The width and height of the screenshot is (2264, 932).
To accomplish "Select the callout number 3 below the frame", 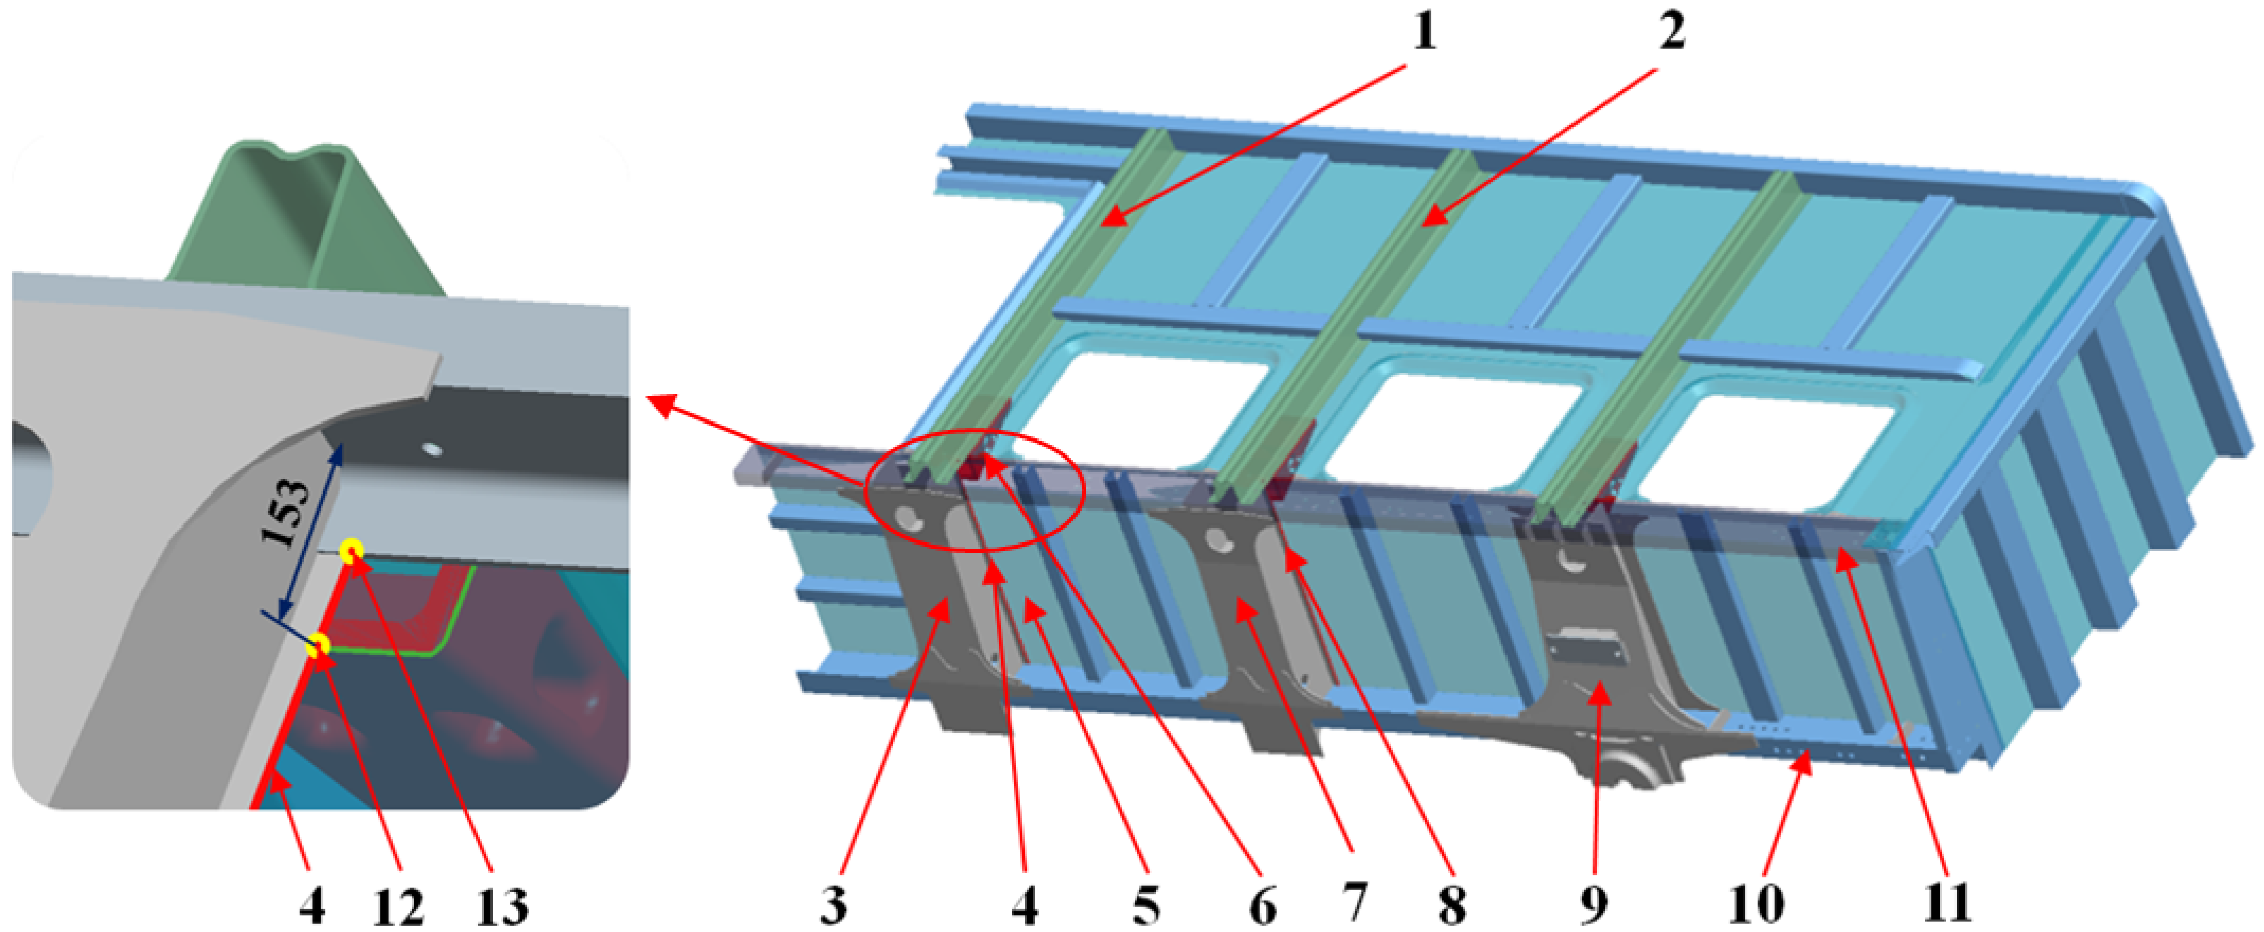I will click(x=833, y=903).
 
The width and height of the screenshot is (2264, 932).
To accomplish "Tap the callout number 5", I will click(x=1145, y=903).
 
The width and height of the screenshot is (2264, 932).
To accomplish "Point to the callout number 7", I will click(x=1355, y=903).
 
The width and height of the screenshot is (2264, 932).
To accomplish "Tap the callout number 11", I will click(x=1948, y=903).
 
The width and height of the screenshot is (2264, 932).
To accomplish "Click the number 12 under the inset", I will click(x=398, y=907).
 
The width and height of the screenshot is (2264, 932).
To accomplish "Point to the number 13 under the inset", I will click(x=502, y=907).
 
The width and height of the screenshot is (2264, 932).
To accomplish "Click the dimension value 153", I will click(x=287, y=514).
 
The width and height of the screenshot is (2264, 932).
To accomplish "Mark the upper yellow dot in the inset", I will click(x=352, y=551).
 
